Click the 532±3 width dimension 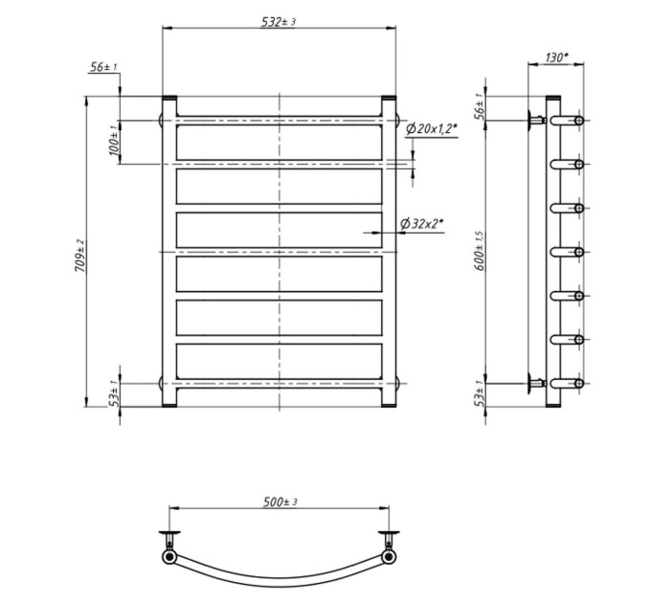point(279,22)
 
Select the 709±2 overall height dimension point(79,256)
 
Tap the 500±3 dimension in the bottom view point(281,502)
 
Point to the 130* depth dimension point(556,57)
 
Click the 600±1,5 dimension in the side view point(480,251)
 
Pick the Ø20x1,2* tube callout point(432,129)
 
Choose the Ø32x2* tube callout point(422,224)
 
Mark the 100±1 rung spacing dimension point(114,141)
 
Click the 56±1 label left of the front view point(103,66)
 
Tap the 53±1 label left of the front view point(114,393)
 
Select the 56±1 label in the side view point(480,106)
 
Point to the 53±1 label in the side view point(480,392)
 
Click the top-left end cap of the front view point(169,99)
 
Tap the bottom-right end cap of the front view point(389,405)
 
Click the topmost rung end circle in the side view point(579,121)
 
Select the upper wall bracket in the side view point(535,121)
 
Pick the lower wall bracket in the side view point(535,384)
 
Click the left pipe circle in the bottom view point(169,556)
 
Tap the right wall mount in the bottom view point(389,539)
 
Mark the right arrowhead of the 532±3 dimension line point(392,28)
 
